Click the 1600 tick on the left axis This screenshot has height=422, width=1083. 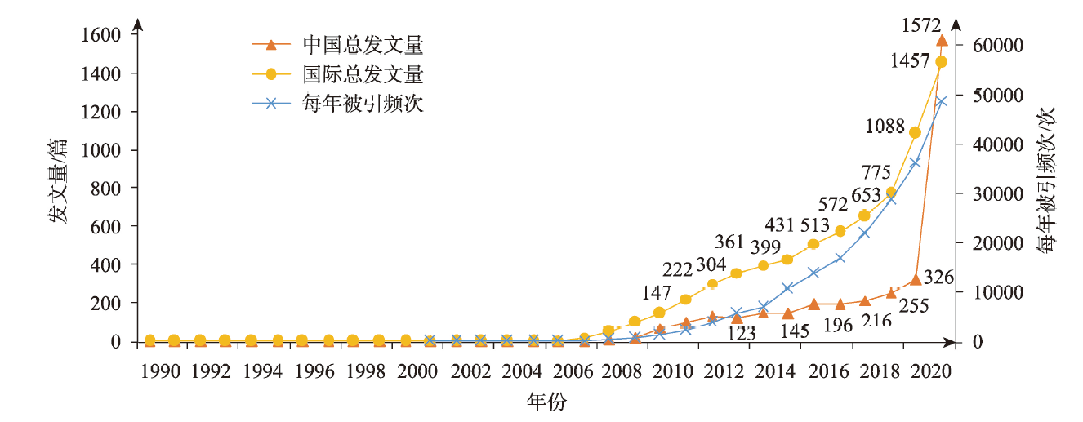click(102, 35)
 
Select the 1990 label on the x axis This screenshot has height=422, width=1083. click(161, 372)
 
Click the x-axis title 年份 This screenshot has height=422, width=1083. click(546, 402)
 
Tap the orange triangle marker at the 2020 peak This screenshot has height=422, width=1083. click(942, 40)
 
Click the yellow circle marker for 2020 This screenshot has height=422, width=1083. click(941, 62)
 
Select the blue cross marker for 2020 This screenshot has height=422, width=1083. click(941, 101)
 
